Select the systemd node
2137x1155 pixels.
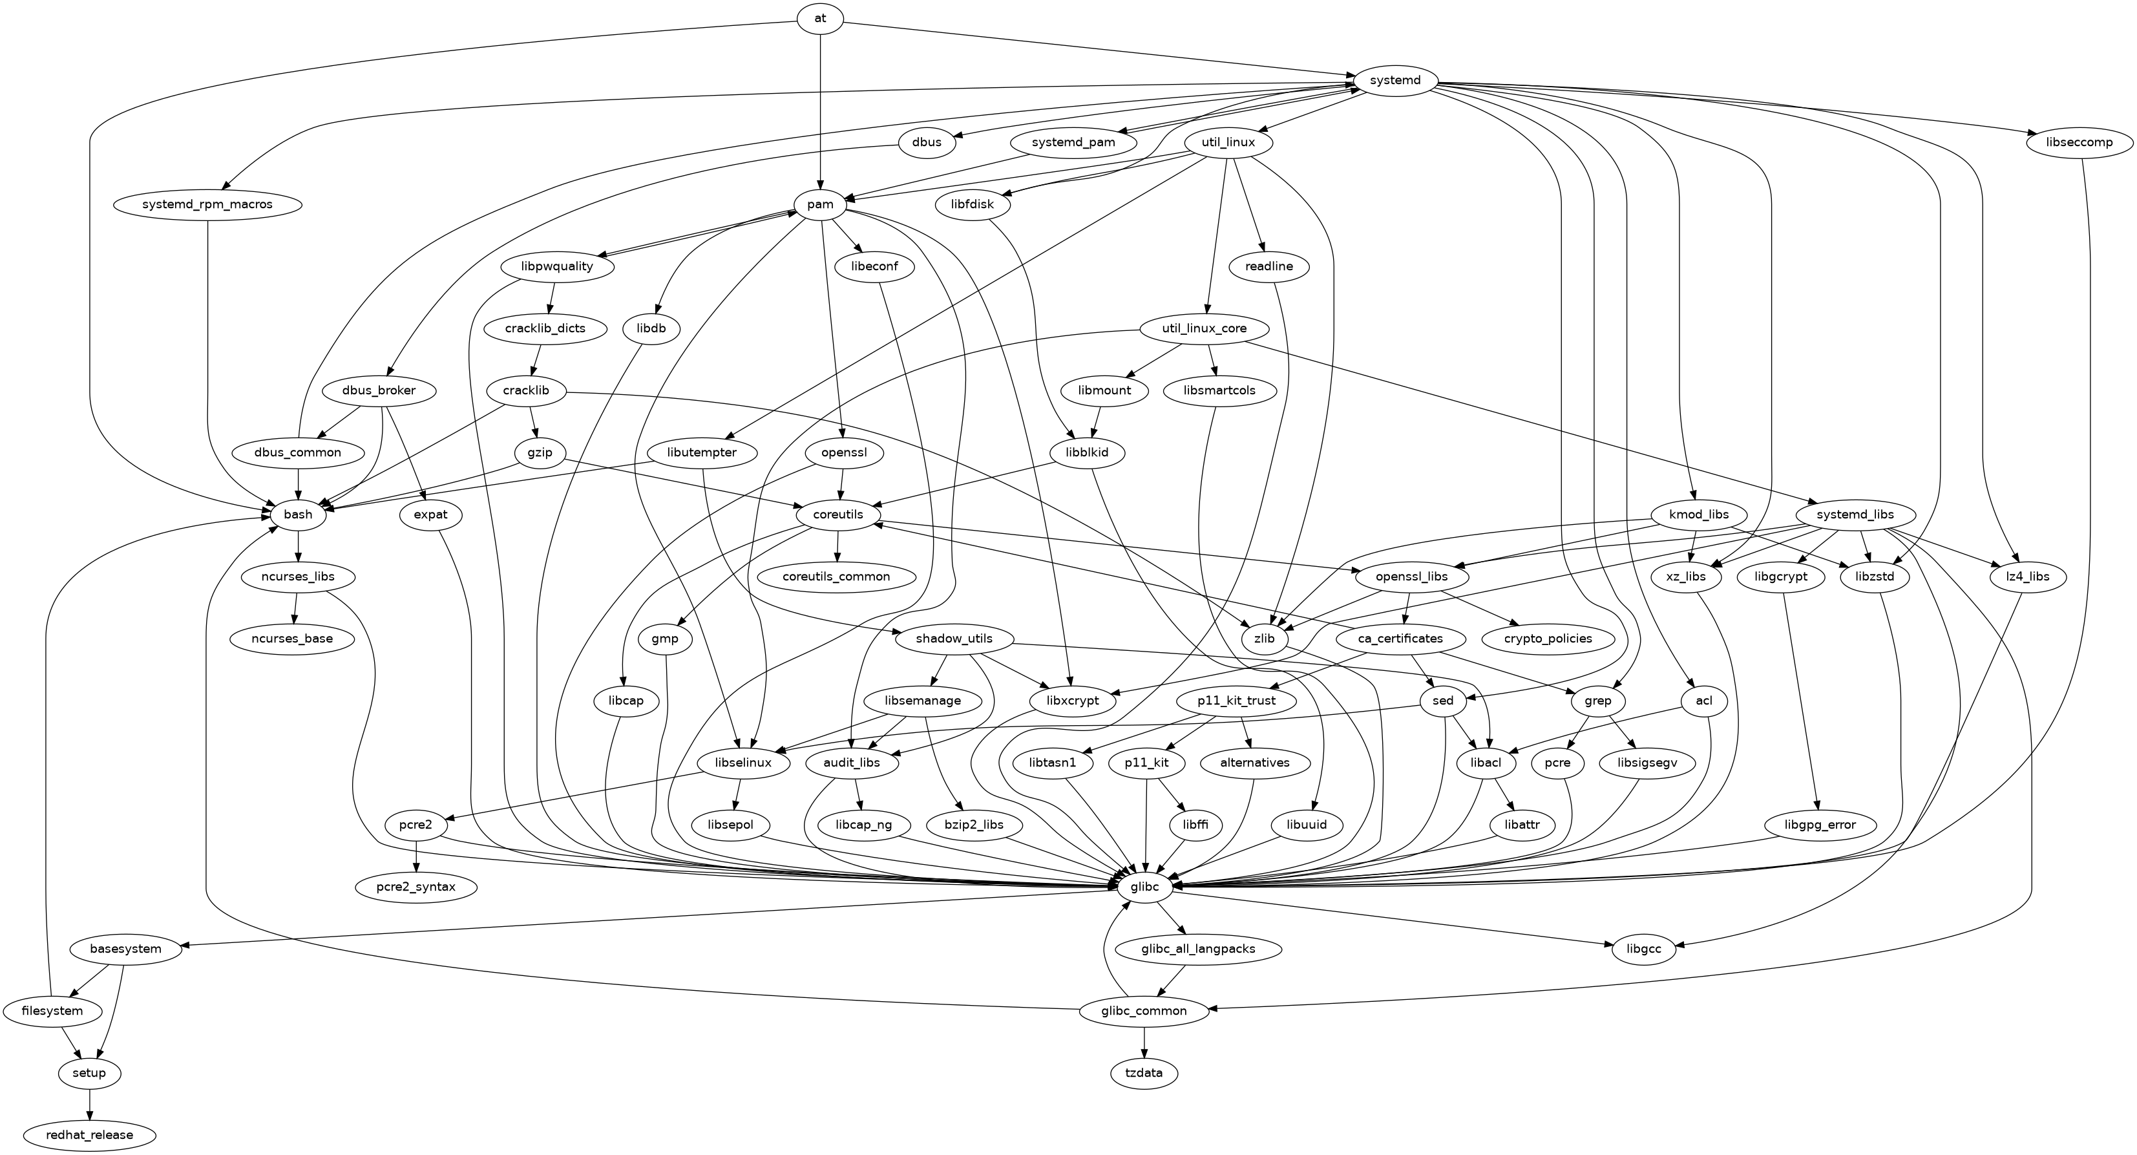[1395, 81]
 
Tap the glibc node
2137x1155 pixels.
[1144, 887]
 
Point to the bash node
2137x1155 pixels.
[298, 514]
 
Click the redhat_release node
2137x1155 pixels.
[90, 1134]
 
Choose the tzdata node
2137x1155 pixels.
[1144, 1073]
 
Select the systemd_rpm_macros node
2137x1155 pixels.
[207, 204]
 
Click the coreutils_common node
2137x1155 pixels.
[836, 577]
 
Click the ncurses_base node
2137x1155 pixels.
[293, 639]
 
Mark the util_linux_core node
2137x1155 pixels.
[1204, 328]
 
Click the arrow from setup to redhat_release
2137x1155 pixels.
[90, 1103]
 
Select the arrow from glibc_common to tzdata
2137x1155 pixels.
[1144, 1042]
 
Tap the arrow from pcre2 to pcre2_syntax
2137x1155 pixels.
[416, 856]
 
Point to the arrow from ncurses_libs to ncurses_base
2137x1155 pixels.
[295, 608]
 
